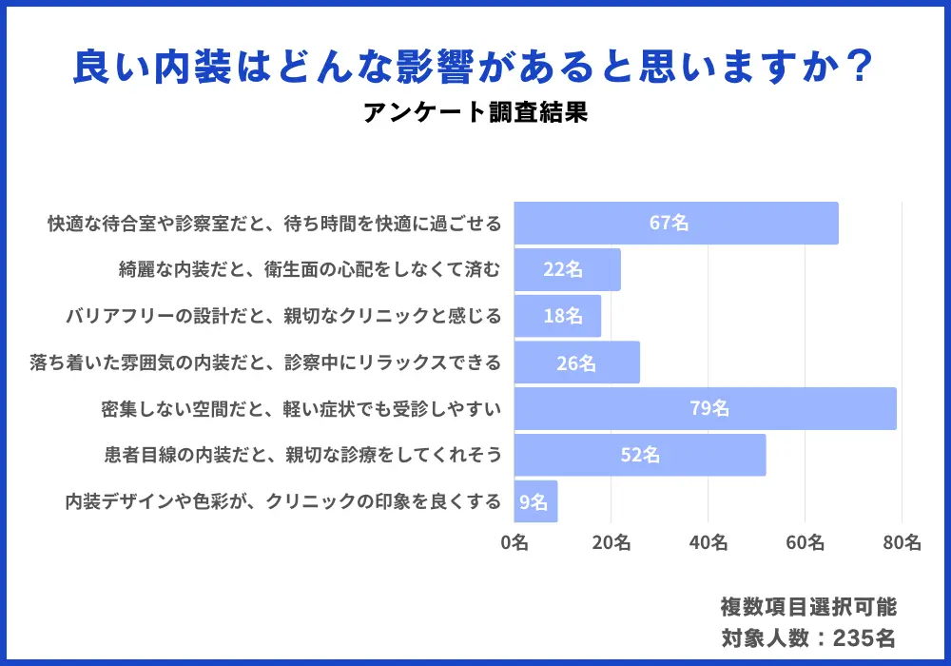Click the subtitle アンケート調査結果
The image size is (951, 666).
(x=475, y=113)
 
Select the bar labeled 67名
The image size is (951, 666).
(x=676, y=224)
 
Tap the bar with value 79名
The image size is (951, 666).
(x=705, y=409)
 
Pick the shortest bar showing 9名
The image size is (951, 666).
(x=535, y=501)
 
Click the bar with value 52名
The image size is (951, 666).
(x=640, y=456)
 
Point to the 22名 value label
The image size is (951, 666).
(x=563, y=270)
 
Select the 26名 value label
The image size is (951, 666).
(x=576, y=362)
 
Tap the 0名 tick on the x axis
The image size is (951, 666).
(x=514, y=543)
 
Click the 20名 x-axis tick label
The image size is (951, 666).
(x=611, y=543)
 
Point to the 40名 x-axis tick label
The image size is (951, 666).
(x=708, y=543)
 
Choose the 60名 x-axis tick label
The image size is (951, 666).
(x=805, y=543)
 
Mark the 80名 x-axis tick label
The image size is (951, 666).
(x=901, y=543)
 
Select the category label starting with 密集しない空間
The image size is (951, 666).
(x=301, y=409)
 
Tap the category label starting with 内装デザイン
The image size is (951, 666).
(x=282, y=501)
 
